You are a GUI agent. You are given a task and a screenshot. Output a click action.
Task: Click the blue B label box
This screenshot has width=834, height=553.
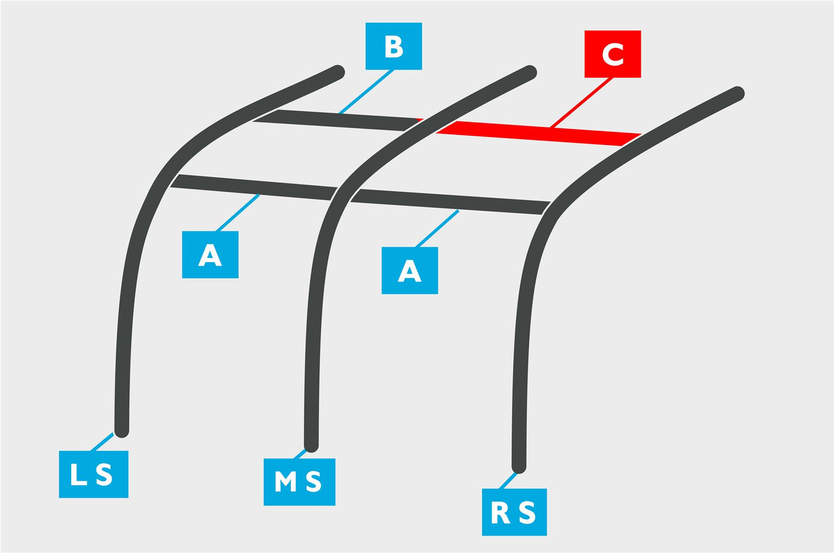click(394, 46)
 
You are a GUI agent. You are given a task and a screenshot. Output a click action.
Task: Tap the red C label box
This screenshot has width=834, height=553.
click(612, 54)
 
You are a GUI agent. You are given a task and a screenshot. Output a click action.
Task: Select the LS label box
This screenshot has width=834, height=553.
click(94, 474)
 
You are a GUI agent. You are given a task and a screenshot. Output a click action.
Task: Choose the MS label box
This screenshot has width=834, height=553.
click(299, 482)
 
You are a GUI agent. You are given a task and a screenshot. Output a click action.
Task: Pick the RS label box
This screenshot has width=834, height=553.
click(514, 512)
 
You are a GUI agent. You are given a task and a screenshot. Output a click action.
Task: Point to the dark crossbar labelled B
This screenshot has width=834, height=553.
click(337, 120)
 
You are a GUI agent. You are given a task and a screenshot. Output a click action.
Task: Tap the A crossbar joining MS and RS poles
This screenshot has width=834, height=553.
click(450, 202)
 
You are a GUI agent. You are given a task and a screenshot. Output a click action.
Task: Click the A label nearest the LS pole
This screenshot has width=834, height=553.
click(210, 255)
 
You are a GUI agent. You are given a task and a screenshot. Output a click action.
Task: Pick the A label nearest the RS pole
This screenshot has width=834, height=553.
click(410, 270)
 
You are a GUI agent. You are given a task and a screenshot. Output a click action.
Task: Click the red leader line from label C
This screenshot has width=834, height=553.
click(581, 103)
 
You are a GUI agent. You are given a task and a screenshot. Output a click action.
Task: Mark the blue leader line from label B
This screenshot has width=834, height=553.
click(366, 92)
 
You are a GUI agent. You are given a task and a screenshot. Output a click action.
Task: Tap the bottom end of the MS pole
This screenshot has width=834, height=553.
click(311, 446)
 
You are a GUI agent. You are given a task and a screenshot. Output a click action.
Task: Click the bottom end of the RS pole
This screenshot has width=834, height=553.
click(519, 467)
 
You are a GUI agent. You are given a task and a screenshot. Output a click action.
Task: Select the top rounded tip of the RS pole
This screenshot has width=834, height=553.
click(737, 93)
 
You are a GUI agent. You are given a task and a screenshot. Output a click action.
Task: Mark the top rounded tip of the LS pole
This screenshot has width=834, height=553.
click(338, 72)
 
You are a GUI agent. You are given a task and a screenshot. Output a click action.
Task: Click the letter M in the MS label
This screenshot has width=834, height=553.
click(285, 482)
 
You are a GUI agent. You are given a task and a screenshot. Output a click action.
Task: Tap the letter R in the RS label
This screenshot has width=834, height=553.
click(500, 513)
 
